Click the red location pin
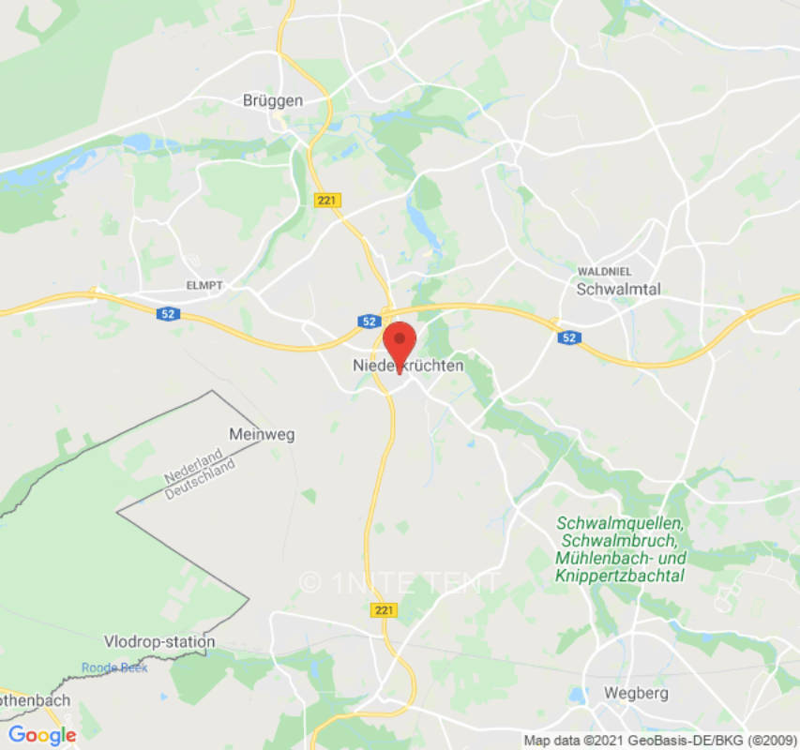click(400, 343)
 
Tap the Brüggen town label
click(273, 100)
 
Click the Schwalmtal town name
click(618, 289)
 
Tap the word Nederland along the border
click(191, 465)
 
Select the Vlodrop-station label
click(159, 642)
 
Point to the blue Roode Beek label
click(114, 667)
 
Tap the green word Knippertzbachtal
click(621, 576)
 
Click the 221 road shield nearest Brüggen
click(327, 200)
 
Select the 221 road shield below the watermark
click(385, 610)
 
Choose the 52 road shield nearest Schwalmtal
click(569, 337)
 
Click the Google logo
click(42, 735)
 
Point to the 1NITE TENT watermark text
click(400, 582)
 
